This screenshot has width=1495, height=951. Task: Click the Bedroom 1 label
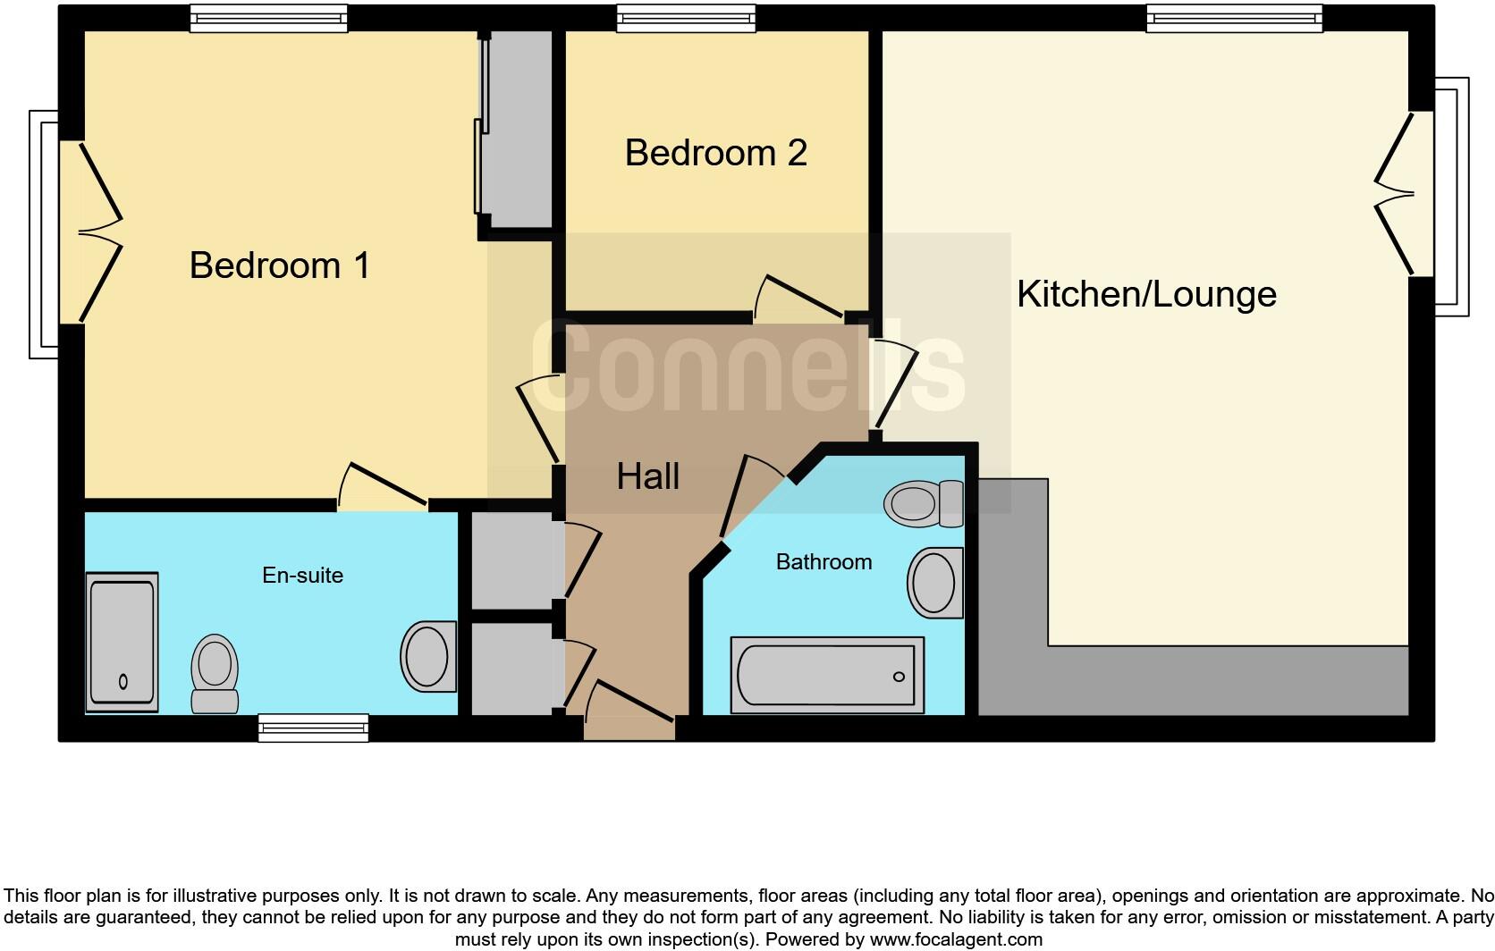coord(279,265)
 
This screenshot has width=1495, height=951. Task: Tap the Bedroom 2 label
coord(715,153)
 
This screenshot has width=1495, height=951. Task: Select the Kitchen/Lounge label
coord(1146,294)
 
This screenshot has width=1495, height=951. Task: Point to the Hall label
coord(647,476)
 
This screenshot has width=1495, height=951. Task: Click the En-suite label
coord(302,575)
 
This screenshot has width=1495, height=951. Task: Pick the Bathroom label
coord(824,562)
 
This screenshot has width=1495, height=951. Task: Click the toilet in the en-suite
coord(215,673)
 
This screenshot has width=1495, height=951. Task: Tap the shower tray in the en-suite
coord(122,643)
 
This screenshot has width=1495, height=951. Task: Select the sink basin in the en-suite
coord(427,656)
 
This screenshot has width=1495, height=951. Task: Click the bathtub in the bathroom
coord(827,675)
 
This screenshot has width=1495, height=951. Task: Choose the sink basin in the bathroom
coord(934,583)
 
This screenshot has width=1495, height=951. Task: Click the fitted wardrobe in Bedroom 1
coord(517,130)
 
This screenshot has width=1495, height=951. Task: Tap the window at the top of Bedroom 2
coord(687,19)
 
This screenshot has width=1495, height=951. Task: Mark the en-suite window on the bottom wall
coord(313,728)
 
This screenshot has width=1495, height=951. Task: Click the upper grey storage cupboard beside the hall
coord(511,560)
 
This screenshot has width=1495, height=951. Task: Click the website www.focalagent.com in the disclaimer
coord(954,939)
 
